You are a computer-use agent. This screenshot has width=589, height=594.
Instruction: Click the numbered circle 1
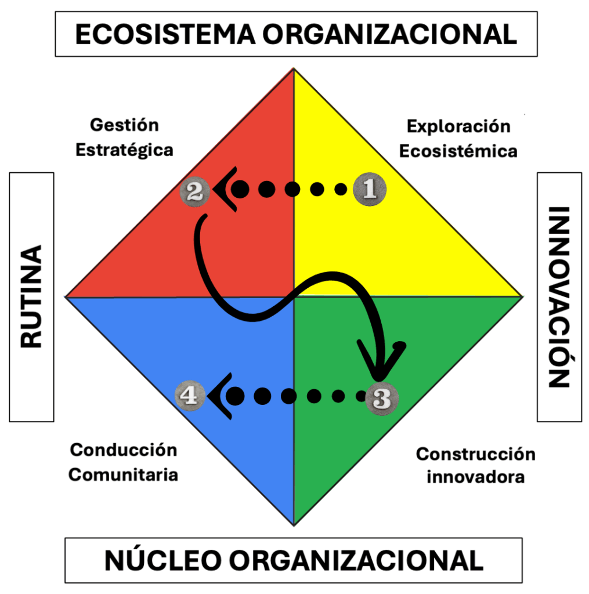coord(369,189)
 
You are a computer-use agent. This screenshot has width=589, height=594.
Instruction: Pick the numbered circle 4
coord(190,396)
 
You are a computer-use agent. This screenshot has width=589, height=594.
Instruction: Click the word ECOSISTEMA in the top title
coord(164,34)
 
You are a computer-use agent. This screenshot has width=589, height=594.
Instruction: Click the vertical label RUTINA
coord(31,296)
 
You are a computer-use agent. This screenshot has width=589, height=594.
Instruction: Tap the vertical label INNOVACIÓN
coord(559,296)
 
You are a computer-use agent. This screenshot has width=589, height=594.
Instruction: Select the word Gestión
coord(124,125)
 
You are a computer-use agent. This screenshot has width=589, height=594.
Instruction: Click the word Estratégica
coord(124,150)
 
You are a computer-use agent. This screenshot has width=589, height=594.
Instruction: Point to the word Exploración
coord(458,126)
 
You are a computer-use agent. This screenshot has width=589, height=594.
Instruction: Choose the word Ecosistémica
coord(458,151)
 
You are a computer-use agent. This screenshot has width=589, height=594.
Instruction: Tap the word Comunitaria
coord(123,475)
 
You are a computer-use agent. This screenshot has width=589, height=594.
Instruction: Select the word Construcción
coord(475,454)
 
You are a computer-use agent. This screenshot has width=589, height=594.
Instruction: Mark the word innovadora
coord(475,477)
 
